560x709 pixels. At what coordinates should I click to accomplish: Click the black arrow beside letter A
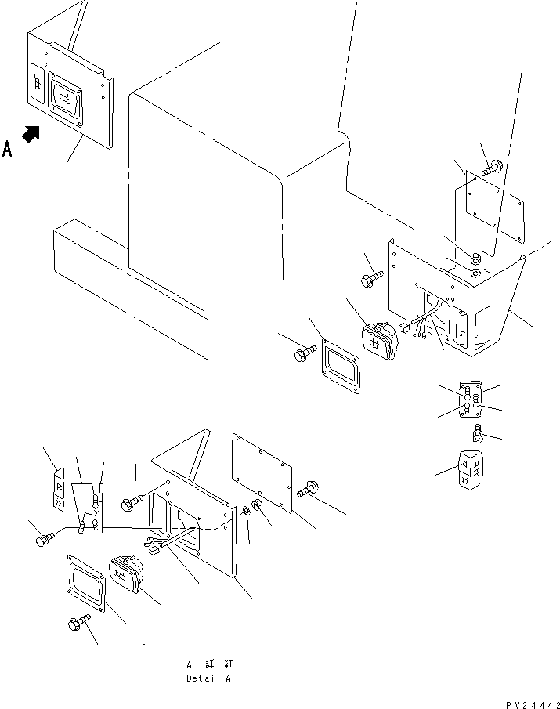[x=31, y=134]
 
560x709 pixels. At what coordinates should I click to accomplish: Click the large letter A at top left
[x=8, y=149]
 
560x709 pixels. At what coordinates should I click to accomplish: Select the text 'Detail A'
[x=208, y=678]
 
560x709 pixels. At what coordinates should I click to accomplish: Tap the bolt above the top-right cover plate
[x=493, y=166]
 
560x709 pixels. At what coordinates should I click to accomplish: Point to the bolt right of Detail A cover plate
[x=306, y=490]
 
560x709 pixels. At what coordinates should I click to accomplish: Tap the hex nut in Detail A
[x=255, y=512]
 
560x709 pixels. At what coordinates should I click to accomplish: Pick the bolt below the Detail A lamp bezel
[x=79, y=624]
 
